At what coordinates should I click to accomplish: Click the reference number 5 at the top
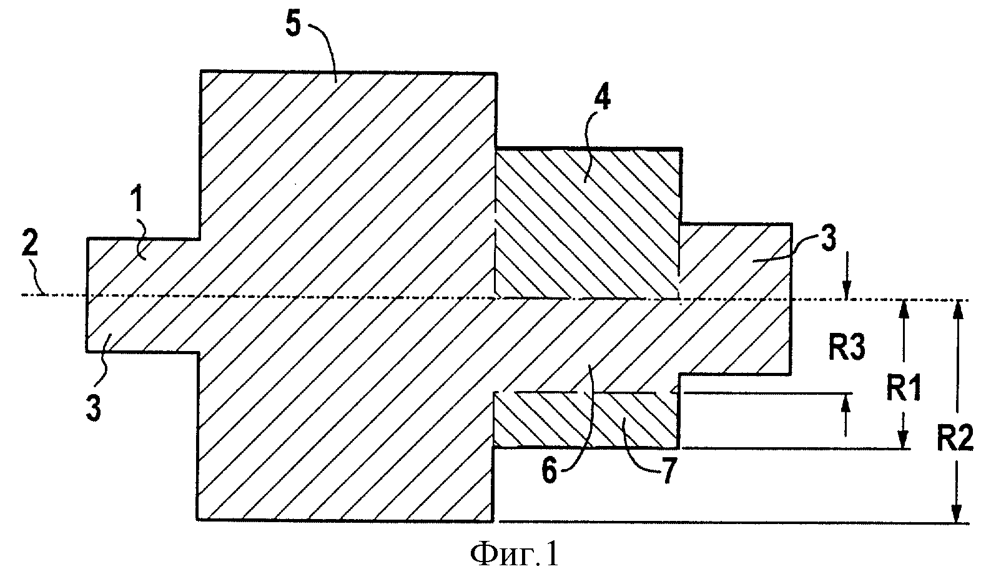(293, 25)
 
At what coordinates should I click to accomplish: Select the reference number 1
(138, 200)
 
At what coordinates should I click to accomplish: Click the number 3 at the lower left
(93, 407)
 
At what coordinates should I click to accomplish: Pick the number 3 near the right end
(829, 239)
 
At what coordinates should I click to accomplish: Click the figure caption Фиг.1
(515, 555)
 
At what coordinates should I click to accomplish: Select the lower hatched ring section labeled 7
(586, 420)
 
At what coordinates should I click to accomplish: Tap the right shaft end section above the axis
(735, 262)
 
